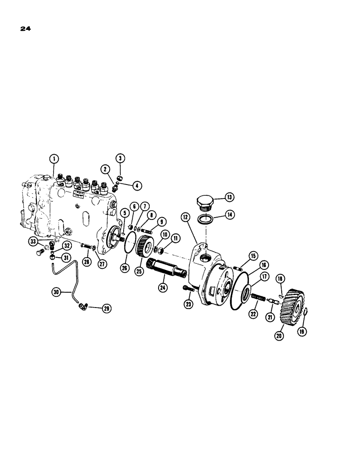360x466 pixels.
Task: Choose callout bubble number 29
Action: pos(107,308)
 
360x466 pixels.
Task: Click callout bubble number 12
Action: pos(185,217)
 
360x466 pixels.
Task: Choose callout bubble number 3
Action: pos(120,159)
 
